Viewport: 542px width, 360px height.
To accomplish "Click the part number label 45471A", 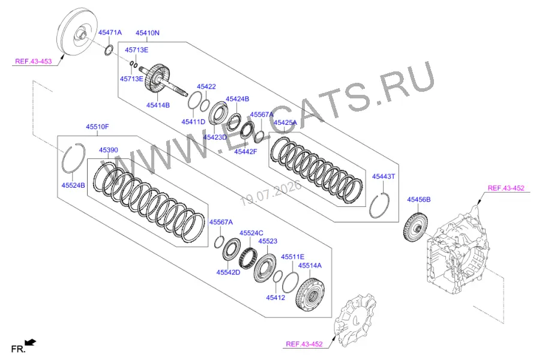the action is pyautogui.click(x=110, y=32).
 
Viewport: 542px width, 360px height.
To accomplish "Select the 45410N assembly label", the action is pyautogui.click(x=147, y=33).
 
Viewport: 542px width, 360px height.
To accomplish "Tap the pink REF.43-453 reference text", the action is pyautogui.click(x=33, y=61).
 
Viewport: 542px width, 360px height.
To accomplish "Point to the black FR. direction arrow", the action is pyautogui.click(x=31, y=343).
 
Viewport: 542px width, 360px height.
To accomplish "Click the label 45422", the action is pyautogui.click(x=206, y=86).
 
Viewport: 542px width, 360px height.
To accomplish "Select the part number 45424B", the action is pyautogui.click(x=237, y=99).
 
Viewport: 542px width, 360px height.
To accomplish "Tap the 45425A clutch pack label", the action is pyautogui.click(x=285, y=122).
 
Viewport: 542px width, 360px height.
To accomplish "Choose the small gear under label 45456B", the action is pyautogui.click(x=415, y=227).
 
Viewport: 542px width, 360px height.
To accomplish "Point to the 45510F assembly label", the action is pyautogui.click(x=97, y=127).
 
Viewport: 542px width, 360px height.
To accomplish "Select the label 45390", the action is pyautogui.click(x=109, y=150).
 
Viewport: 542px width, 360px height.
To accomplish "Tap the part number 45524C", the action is pyautogui.click(x=251, y=233).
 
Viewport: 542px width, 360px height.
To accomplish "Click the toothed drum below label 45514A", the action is pyautogui.click(x=310, y=295).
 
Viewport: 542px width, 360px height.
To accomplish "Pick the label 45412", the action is pyautogui.click(x=276, y=297).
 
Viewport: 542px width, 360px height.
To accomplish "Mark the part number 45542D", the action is pyautogui.click(x=228, y=272).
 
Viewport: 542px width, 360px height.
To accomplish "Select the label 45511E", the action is pyautogui.click(x=292, y=257).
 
